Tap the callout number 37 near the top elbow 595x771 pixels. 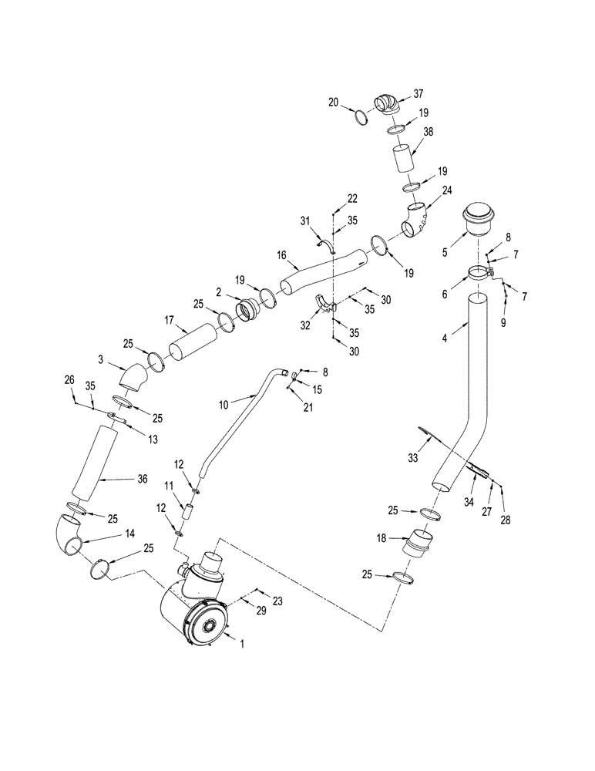point(419,94)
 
